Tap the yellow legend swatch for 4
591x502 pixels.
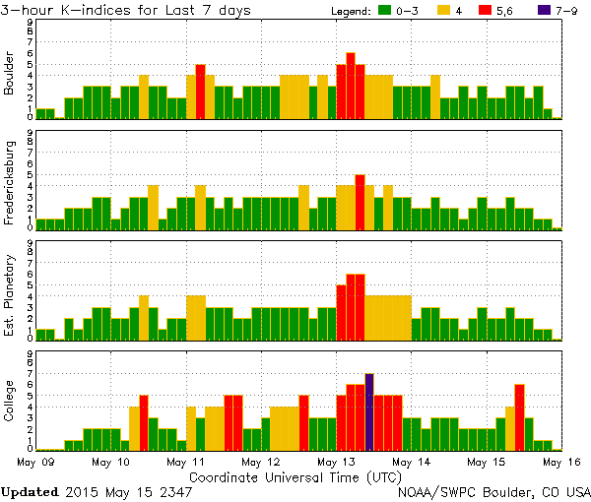[x=443, y=11]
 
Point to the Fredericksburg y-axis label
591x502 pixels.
[x=10, y=185]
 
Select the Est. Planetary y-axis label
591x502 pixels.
[x=10, y=295]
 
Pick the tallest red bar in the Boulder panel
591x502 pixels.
[x=351, y=86]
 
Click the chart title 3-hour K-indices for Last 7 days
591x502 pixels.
[x=125, y=10]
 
